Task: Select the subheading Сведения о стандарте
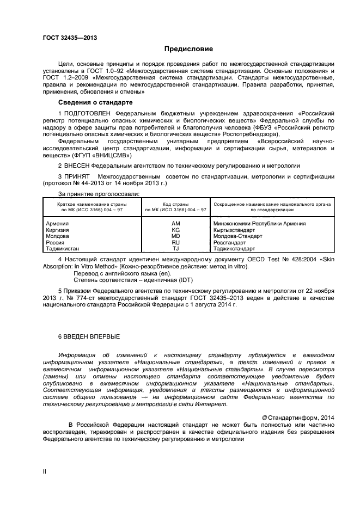click(x=92, y=102)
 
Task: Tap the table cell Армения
click(x=58, y=224)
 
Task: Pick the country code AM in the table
click(x=175, y=224)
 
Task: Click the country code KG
click(x=175, y=230)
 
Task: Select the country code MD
click(x=175, y=236)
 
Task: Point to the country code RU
click(x=175, y=242)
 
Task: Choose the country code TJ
click(x=175, y=248)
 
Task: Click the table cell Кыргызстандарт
click(x=235, y=230)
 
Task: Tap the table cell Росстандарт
click(x=231, y=242)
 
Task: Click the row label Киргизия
click(x=58, y=230)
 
